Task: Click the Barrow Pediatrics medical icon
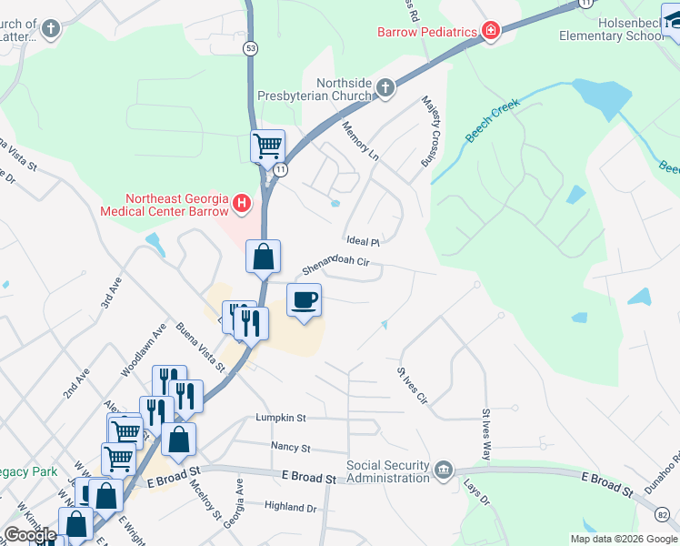(x=491, y=32)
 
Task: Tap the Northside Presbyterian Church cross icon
(x=385, y=88)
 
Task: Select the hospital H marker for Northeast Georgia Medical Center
(x=241, y=203)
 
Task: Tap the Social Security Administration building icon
(x=443, y=470)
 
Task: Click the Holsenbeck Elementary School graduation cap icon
(x=673, y=27)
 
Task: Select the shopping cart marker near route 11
(x=267, y=146)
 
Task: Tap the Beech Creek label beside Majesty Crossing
(x=489, y=125)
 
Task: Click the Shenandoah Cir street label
(x=335, y=265)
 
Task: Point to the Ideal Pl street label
(x=362, y=241)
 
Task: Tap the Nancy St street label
(x=291, y=448)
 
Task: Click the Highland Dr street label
(x=290, y=507)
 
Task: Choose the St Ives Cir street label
(x=410, y=385)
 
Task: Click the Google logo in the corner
(x=31, y=535)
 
